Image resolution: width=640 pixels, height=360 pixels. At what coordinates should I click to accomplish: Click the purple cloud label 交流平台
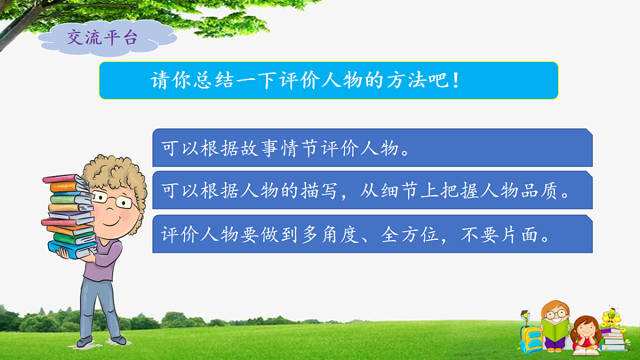tap(102, 37)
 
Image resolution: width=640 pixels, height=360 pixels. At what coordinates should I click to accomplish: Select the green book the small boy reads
tap(555, 331)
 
